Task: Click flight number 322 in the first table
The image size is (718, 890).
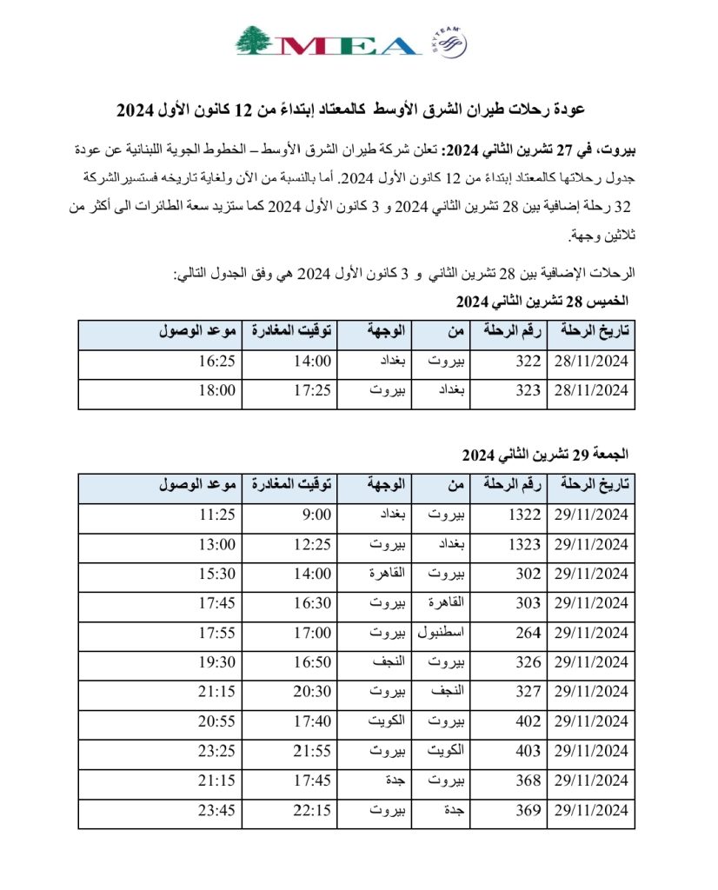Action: click(528, 362)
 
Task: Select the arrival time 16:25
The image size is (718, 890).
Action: click(217, 362)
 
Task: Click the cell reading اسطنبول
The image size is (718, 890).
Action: click(446, 633)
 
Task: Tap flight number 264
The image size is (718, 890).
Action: click(528, 633)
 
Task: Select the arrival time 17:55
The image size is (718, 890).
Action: click(217, 633)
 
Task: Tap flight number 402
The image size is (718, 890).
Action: click(528, 721)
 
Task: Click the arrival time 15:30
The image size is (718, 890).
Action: click(217, 574)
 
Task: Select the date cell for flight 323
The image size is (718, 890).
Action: click(590, 392)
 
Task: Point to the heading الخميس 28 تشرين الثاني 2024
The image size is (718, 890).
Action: click(542, 302)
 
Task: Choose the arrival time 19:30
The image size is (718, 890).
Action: click(217, 662)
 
